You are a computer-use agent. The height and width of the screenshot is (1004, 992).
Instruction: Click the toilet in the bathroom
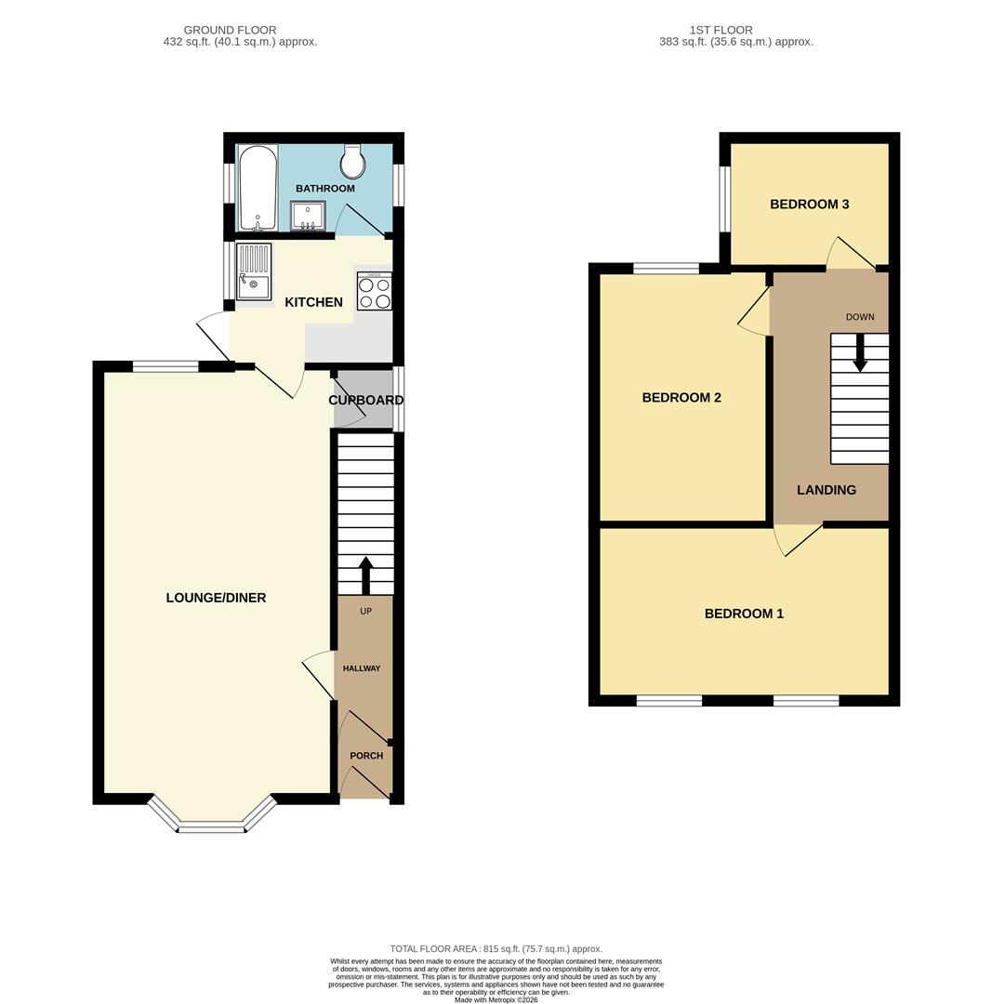tap(352, 162)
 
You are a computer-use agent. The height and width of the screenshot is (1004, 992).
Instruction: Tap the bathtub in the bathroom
tap(258, 187)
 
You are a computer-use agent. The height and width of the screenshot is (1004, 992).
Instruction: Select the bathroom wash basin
tap(308, 216)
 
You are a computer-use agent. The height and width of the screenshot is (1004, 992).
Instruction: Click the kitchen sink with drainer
tap(253, 271)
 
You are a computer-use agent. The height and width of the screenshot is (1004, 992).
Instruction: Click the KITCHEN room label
tap(313, 302)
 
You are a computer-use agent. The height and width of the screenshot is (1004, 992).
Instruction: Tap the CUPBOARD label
tap(365, 401)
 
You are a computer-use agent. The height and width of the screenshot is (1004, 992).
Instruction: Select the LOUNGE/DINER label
tap(216, 598)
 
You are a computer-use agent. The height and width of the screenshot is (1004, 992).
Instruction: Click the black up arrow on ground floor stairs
tap(365, 575)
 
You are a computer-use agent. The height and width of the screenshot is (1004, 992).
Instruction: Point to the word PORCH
tap(366, 756)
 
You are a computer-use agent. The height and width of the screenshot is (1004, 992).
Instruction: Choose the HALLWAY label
tap(362, 668)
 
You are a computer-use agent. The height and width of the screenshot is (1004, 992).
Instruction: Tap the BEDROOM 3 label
tap(809, 205)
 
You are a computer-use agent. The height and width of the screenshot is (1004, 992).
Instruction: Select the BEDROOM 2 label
tap(681, 398)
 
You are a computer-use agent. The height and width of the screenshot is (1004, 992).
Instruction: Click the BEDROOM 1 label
tap(744, 614)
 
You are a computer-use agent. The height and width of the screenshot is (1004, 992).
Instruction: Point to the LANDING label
tap(827, 490)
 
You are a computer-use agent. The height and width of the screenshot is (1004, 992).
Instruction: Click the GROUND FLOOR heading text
tap(230, 30)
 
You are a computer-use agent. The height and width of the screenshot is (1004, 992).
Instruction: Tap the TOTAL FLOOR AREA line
tap(496, 949)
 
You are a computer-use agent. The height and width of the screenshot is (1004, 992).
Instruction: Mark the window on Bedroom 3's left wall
tap(725, 199)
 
